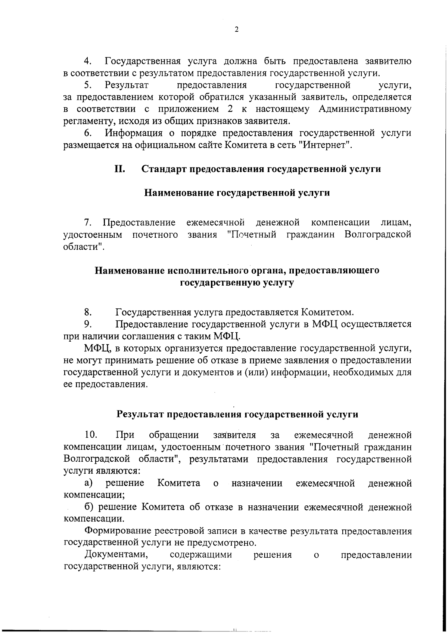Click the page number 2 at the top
point(236,30)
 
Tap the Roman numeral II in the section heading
point(120,169)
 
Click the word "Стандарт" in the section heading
point(165,169)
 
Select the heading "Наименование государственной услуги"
point(237,193)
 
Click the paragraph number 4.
point(88,61)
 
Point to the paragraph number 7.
point(88,223)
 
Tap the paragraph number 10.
point(91,435)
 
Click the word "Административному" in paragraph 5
point(365,109)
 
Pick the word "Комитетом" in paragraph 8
point(327,312)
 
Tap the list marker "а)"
point(89,483)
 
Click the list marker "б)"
point(89,507)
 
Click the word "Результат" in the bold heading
point(140,414)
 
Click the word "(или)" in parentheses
point(257,372)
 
